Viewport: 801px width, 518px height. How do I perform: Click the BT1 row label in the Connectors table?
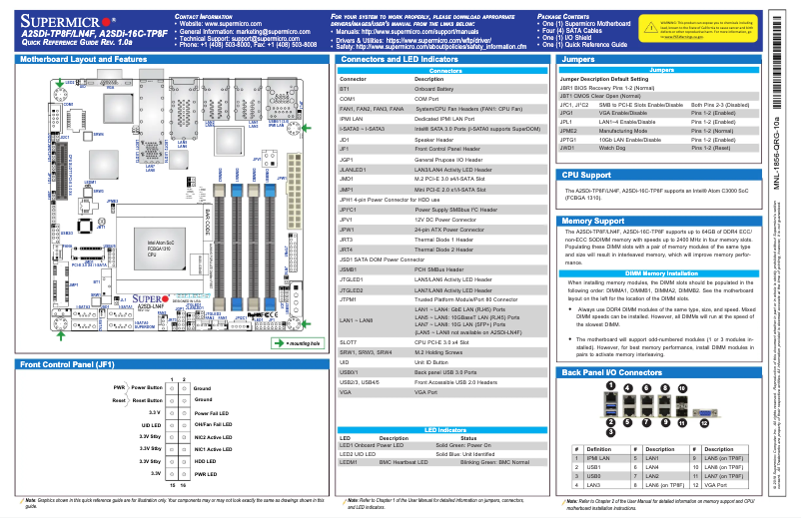pos(345,89)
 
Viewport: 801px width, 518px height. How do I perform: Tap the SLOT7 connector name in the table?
pos(349,342)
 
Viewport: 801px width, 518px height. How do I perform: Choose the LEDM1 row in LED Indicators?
pos(349,462)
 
